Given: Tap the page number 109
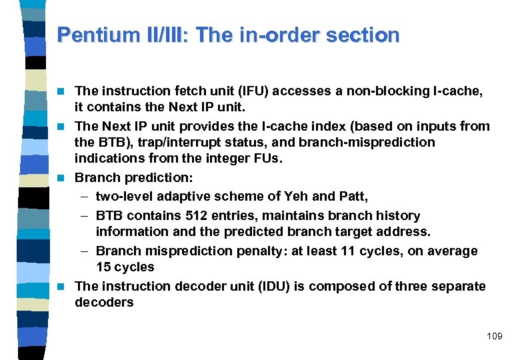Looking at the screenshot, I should (x=494, y=336).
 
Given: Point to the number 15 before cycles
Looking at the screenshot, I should (x=103, y=267).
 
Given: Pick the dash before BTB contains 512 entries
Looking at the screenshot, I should (x=85, y=216).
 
